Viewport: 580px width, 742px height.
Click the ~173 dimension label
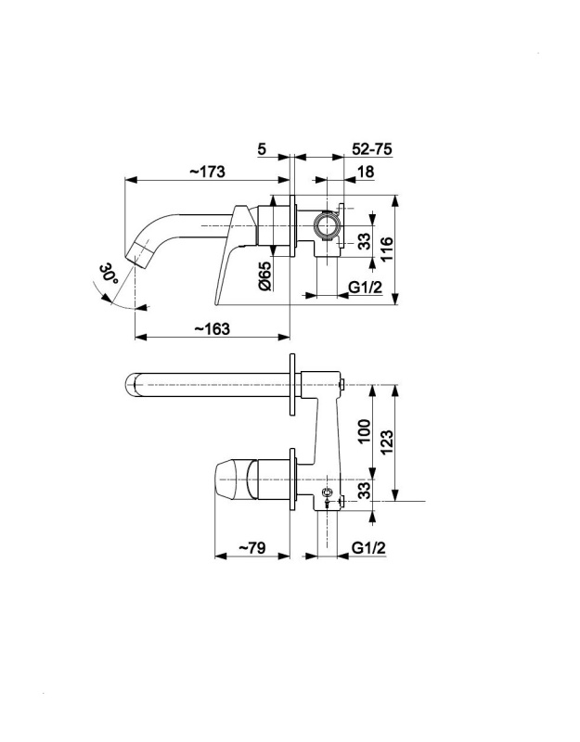pos(207,172)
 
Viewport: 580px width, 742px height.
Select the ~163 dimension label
pos(213,328)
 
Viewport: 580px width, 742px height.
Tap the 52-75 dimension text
pos(372,149)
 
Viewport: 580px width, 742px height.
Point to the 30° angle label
pos(109,274)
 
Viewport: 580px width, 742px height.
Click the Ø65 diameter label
pos(265,275)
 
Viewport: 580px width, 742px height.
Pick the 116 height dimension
pos(386,249)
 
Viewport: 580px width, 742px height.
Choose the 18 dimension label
pos(366,172)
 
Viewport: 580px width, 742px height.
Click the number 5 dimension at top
pos(262,149)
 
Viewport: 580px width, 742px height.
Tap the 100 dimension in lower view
pos(364,430)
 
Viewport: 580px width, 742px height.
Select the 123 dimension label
pos(386,442)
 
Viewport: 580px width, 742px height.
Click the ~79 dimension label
pos(251,548)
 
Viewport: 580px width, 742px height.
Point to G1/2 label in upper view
pos(365,288)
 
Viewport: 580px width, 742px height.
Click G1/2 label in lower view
pos(368,548)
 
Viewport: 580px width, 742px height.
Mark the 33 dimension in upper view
pos(364,242)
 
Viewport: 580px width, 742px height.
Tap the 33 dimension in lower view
pos(364,491)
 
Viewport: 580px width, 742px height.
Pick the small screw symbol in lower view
pos(327,495)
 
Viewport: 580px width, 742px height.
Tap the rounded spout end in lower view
pos(132,384)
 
